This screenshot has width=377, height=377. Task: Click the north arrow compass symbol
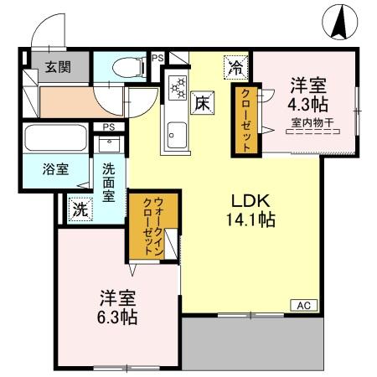tap(340, 22)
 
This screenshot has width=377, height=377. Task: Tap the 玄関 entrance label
tap(58, 66)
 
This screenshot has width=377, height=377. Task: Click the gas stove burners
tap(178, 86)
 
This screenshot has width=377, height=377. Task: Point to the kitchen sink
tap(178, 132)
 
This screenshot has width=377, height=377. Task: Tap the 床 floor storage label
tap(204, 103)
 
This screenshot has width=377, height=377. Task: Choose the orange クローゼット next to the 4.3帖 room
tap(246, 119)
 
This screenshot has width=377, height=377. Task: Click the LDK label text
tap(249, 202)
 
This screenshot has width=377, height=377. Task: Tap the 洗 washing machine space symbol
tap(79, 209)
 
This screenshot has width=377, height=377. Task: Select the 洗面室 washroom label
tap(109, 179)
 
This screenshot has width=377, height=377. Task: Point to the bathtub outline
tap(54, 137)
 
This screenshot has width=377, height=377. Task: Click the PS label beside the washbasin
tap(108, 127)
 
